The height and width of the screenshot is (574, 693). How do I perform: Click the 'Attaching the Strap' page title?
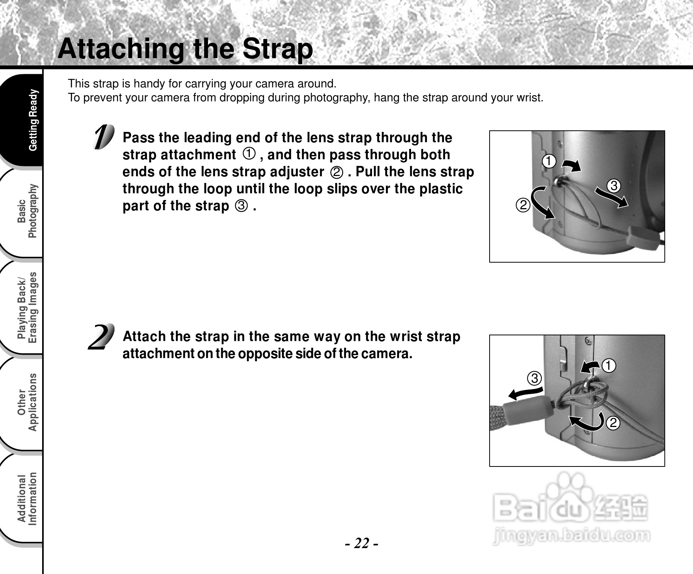185,49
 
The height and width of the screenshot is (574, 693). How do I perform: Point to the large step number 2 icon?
101,337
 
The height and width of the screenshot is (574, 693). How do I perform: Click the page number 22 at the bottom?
362,543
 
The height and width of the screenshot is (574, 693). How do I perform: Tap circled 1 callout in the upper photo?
549,161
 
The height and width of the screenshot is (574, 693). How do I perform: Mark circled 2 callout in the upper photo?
523,205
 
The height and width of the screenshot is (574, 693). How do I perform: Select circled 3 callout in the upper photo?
613,186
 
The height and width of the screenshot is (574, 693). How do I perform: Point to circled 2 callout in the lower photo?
613,423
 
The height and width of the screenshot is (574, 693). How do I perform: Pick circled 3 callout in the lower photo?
534,378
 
